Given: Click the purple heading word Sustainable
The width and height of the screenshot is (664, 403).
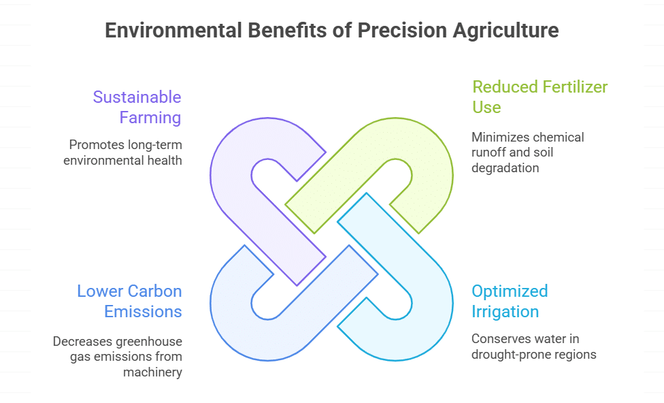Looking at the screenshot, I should coord(137,97).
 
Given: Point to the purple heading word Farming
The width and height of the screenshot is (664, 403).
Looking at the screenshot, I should coord(150,117).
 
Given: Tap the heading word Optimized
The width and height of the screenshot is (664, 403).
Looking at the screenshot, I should coord(510,291).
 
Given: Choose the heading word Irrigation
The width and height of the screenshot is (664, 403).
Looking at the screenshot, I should coord(505,312).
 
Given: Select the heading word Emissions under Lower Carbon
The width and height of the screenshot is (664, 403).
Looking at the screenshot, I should coord(143,312).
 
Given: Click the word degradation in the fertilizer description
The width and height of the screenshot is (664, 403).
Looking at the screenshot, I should coord(505,167).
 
